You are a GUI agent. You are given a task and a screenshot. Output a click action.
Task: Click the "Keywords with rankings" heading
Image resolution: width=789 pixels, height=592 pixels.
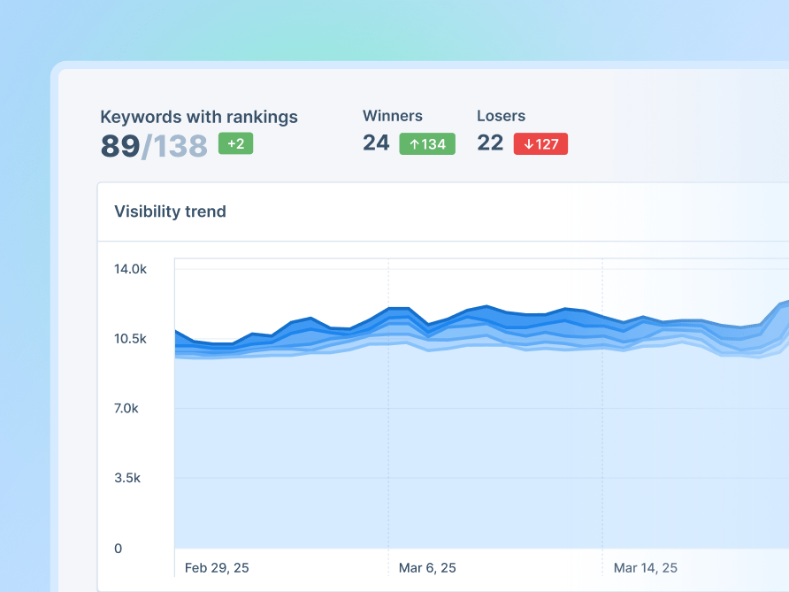199,117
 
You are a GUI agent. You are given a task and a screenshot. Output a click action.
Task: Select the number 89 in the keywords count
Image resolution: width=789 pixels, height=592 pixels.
120,146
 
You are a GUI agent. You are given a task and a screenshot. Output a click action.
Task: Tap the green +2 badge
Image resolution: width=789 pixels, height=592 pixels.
235,143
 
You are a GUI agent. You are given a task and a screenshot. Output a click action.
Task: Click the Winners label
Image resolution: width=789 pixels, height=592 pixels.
393,116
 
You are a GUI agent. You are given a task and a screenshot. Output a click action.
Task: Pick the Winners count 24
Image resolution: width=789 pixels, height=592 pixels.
376,142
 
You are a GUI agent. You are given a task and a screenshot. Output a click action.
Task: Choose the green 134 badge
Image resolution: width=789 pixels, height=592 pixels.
427,143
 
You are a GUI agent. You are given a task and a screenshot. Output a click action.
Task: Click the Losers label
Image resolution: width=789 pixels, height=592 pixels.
501,116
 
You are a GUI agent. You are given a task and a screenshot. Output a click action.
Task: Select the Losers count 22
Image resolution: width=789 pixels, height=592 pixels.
490,142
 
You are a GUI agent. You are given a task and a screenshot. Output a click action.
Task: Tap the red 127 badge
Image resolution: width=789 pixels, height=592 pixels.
540,143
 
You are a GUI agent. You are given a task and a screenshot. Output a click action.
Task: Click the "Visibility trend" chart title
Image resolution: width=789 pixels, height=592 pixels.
170,211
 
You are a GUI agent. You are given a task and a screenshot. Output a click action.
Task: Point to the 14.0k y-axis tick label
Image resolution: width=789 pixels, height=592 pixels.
130,269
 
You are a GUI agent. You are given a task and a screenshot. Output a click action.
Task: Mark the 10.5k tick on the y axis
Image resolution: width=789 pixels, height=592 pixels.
130,339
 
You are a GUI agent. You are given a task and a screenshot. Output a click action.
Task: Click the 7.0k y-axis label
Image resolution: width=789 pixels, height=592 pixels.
130,409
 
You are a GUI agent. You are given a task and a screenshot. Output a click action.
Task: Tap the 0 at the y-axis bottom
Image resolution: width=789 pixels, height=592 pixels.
118,549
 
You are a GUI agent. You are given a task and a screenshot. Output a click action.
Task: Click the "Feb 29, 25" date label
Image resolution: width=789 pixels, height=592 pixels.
217,567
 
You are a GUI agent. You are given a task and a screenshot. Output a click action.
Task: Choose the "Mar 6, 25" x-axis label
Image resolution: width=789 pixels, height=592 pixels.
427,567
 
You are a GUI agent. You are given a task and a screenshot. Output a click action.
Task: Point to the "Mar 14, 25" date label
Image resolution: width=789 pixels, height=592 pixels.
645,567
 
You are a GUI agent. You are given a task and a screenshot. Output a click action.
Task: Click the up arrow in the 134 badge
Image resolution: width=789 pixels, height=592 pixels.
414,143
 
